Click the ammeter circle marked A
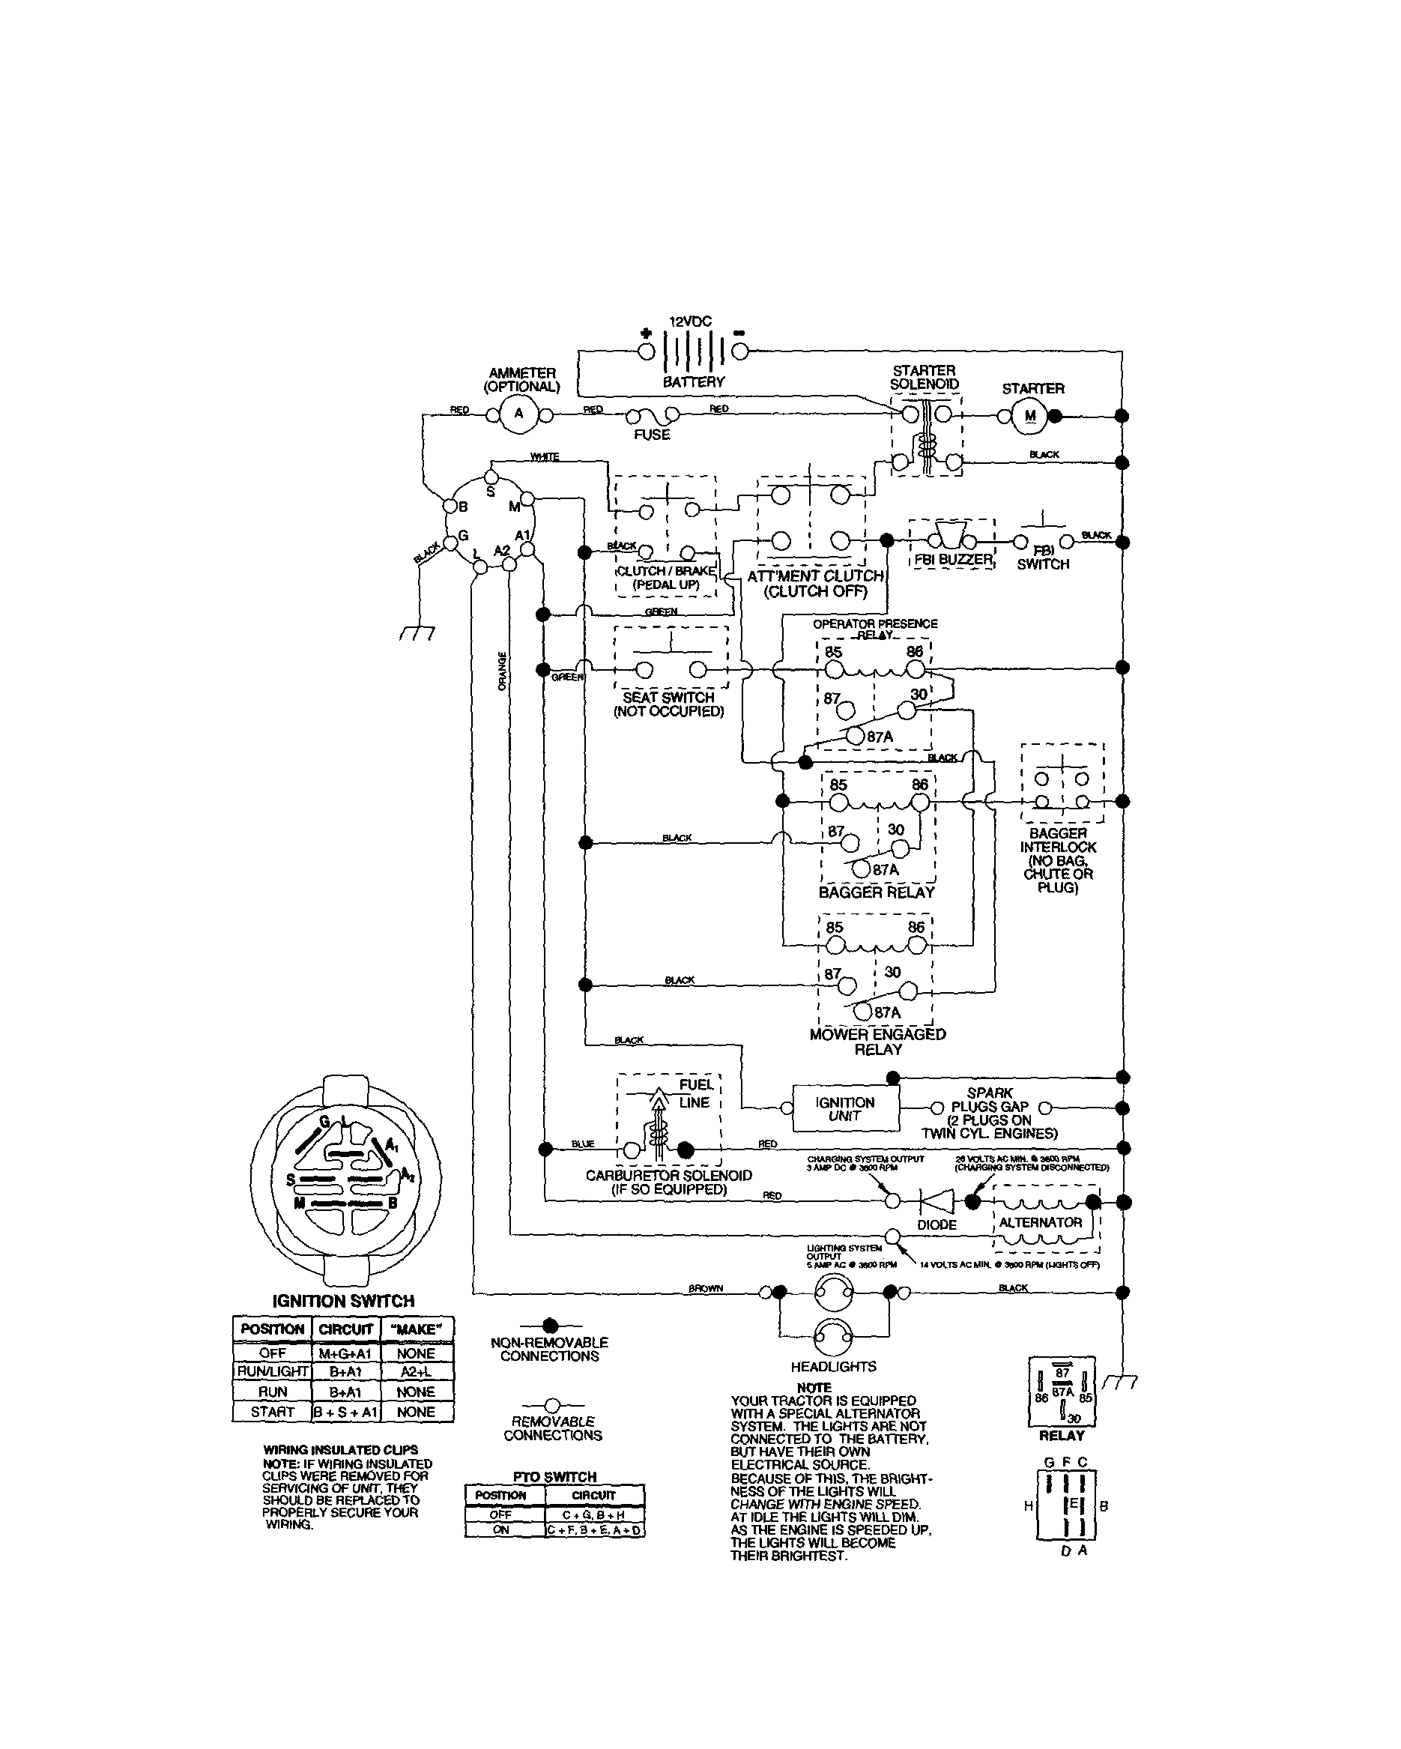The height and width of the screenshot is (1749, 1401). (x=519, y=414)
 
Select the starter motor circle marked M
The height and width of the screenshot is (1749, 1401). (x=1030, y=416)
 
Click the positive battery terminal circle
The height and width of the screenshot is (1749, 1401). (x=646, y=351)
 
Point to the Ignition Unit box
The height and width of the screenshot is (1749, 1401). (x=845, y=1108)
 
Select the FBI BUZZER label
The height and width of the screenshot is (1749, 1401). (x=953, y=559)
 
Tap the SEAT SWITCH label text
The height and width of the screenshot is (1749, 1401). (x=668, y=697)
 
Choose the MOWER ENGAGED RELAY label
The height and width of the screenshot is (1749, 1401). (x=878, y=1042)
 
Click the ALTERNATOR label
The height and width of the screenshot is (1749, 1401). (x=1040, y=1221)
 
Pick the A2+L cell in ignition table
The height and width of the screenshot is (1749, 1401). (x=416, y=1371)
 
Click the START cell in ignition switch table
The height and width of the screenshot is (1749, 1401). (x=273, y=1412)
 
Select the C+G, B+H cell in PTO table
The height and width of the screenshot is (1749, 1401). (x=594, y=1514)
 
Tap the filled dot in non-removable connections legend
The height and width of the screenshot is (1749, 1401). (x=550, y=1325)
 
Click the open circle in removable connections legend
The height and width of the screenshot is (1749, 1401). (x=551, y=1404)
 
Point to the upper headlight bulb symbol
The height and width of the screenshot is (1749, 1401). (x=834, y=1293)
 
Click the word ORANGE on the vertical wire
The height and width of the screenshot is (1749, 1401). (x=502, y=671)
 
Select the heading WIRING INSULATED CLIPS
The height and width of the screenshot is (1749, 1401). (x=341, y=1450)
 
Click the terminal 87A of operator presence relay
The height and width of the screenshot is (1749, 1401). (x=855, y=736)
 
